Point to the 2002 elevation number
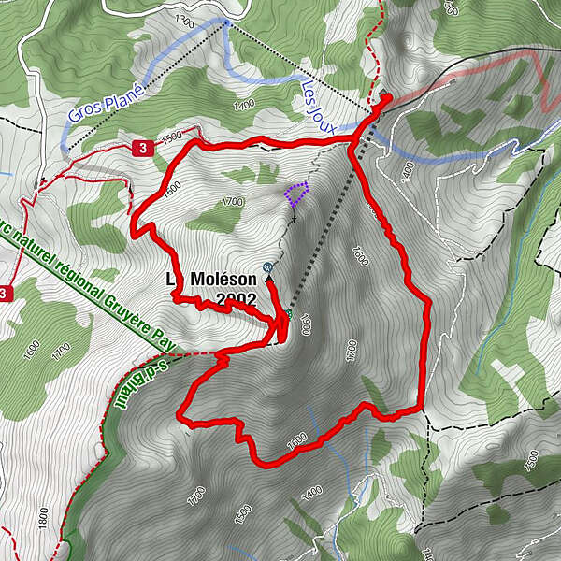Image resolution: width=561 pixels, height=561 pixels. tap(236, 299)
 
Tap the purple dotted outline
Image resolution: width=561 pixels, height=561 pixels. tap(296, 194)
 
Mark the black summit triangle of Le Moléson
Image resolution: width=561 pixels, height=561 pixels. tap(269, 278)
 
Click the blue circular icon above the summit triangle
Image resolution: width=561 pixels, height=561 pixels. tap(268, 265)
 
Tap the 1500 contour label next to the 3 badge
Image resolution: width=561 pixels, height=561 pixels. tap(170, 137)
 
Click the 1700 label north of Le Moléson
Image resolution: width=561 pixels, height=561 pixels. tap(233, 201)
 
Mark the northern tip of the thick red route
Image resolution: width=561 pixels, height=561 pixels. tap(387, 96)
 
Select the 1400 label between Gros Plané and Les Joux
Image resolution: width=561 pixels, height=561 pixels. tap(244, 106)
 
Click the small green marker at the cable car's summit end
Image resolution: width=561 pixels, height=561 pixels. tap(289, 315)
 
